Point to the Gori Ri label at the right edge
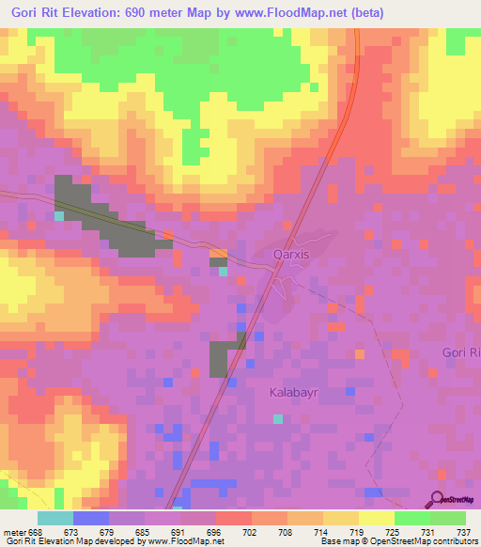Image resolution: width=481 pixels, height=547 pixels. tap(460, 352)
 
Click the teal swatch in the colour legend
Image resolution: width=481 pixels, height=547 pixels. tap(55, 517)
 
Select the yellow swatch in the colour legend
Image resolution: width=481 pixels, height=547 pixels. tap(376, 517)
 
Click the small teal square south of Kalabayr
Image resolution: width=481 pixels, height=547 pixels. tap(277, 418)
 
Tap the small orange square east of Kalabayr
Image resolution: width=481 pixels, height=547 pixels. tap(360, 354)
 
